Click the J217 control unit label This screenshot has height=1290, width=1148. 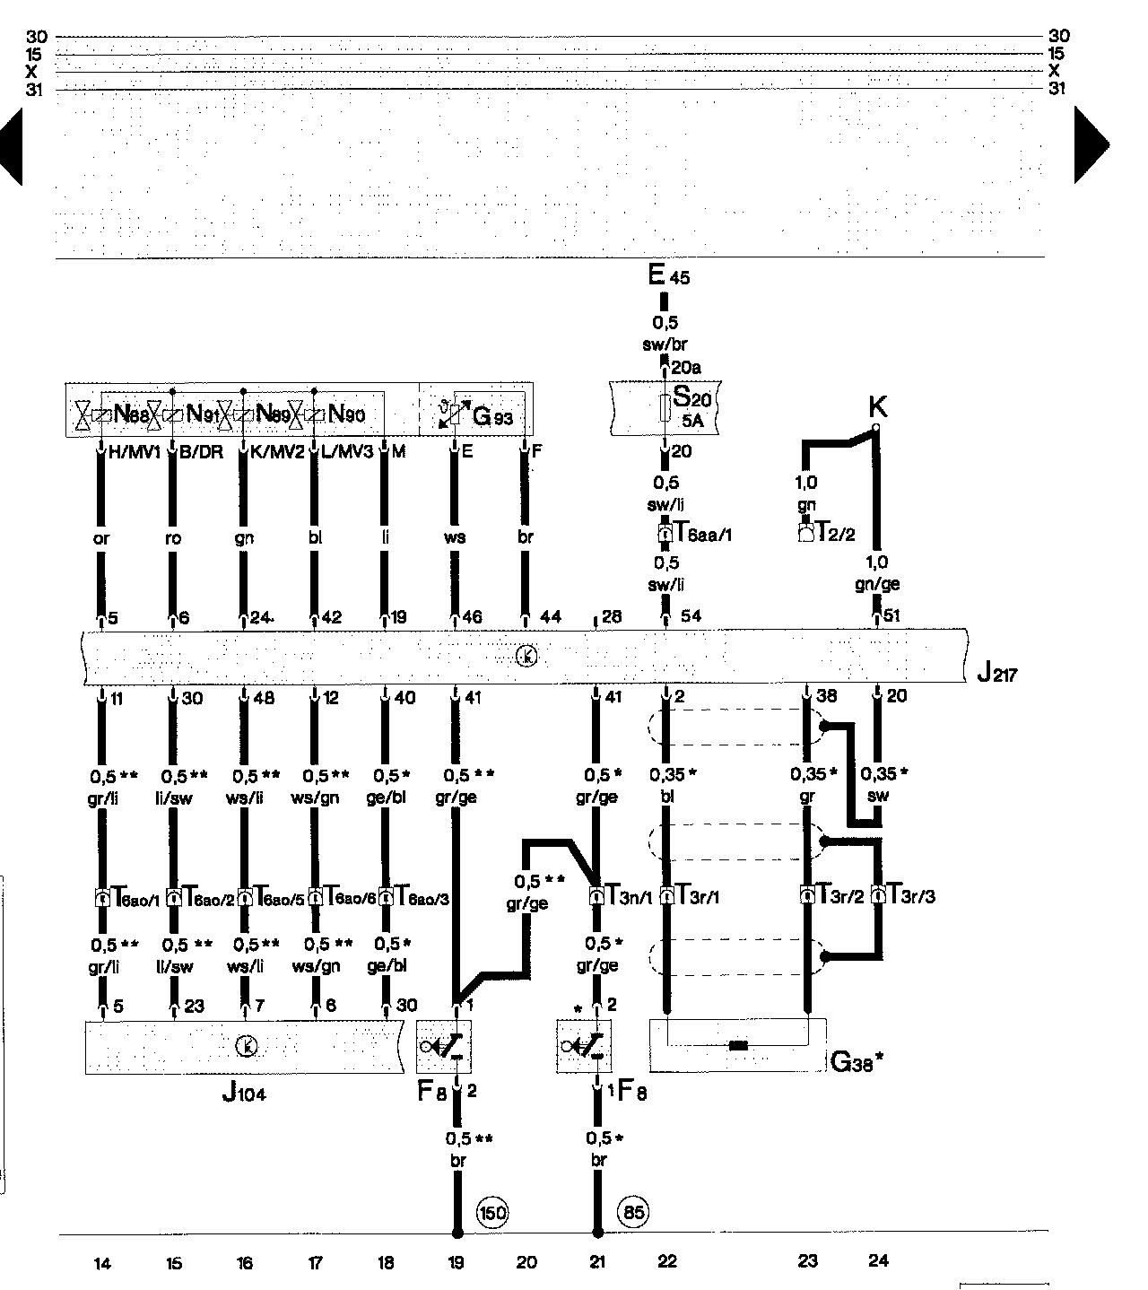(x=996, y=673)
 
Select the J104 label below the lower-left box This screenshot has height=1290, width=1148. (x=243, y=1094)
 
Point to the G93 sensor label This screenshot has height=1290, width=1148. (x=492, y=416)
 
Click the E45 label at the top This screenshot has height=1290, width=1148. (x=668, y=275)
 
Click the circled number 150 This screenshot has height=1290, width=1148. (x=492, y=1213)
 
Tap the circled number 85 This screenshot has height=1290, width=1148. (x=632, y=1213)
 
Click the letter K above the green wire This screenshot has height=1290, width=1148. (x=877, y=407)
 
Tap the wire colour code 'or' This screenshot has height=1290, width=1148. (x=100, y=538)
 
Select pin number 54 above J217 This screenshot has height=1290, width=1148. (x=691, y=616)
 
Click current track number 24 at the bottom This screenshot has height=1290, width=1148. (x=878, y=1260)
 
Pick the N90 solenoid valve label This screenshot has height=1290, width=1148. (x=346, y=414)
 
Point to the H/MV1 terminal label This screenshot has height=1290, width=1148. (x=134, y=452)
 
